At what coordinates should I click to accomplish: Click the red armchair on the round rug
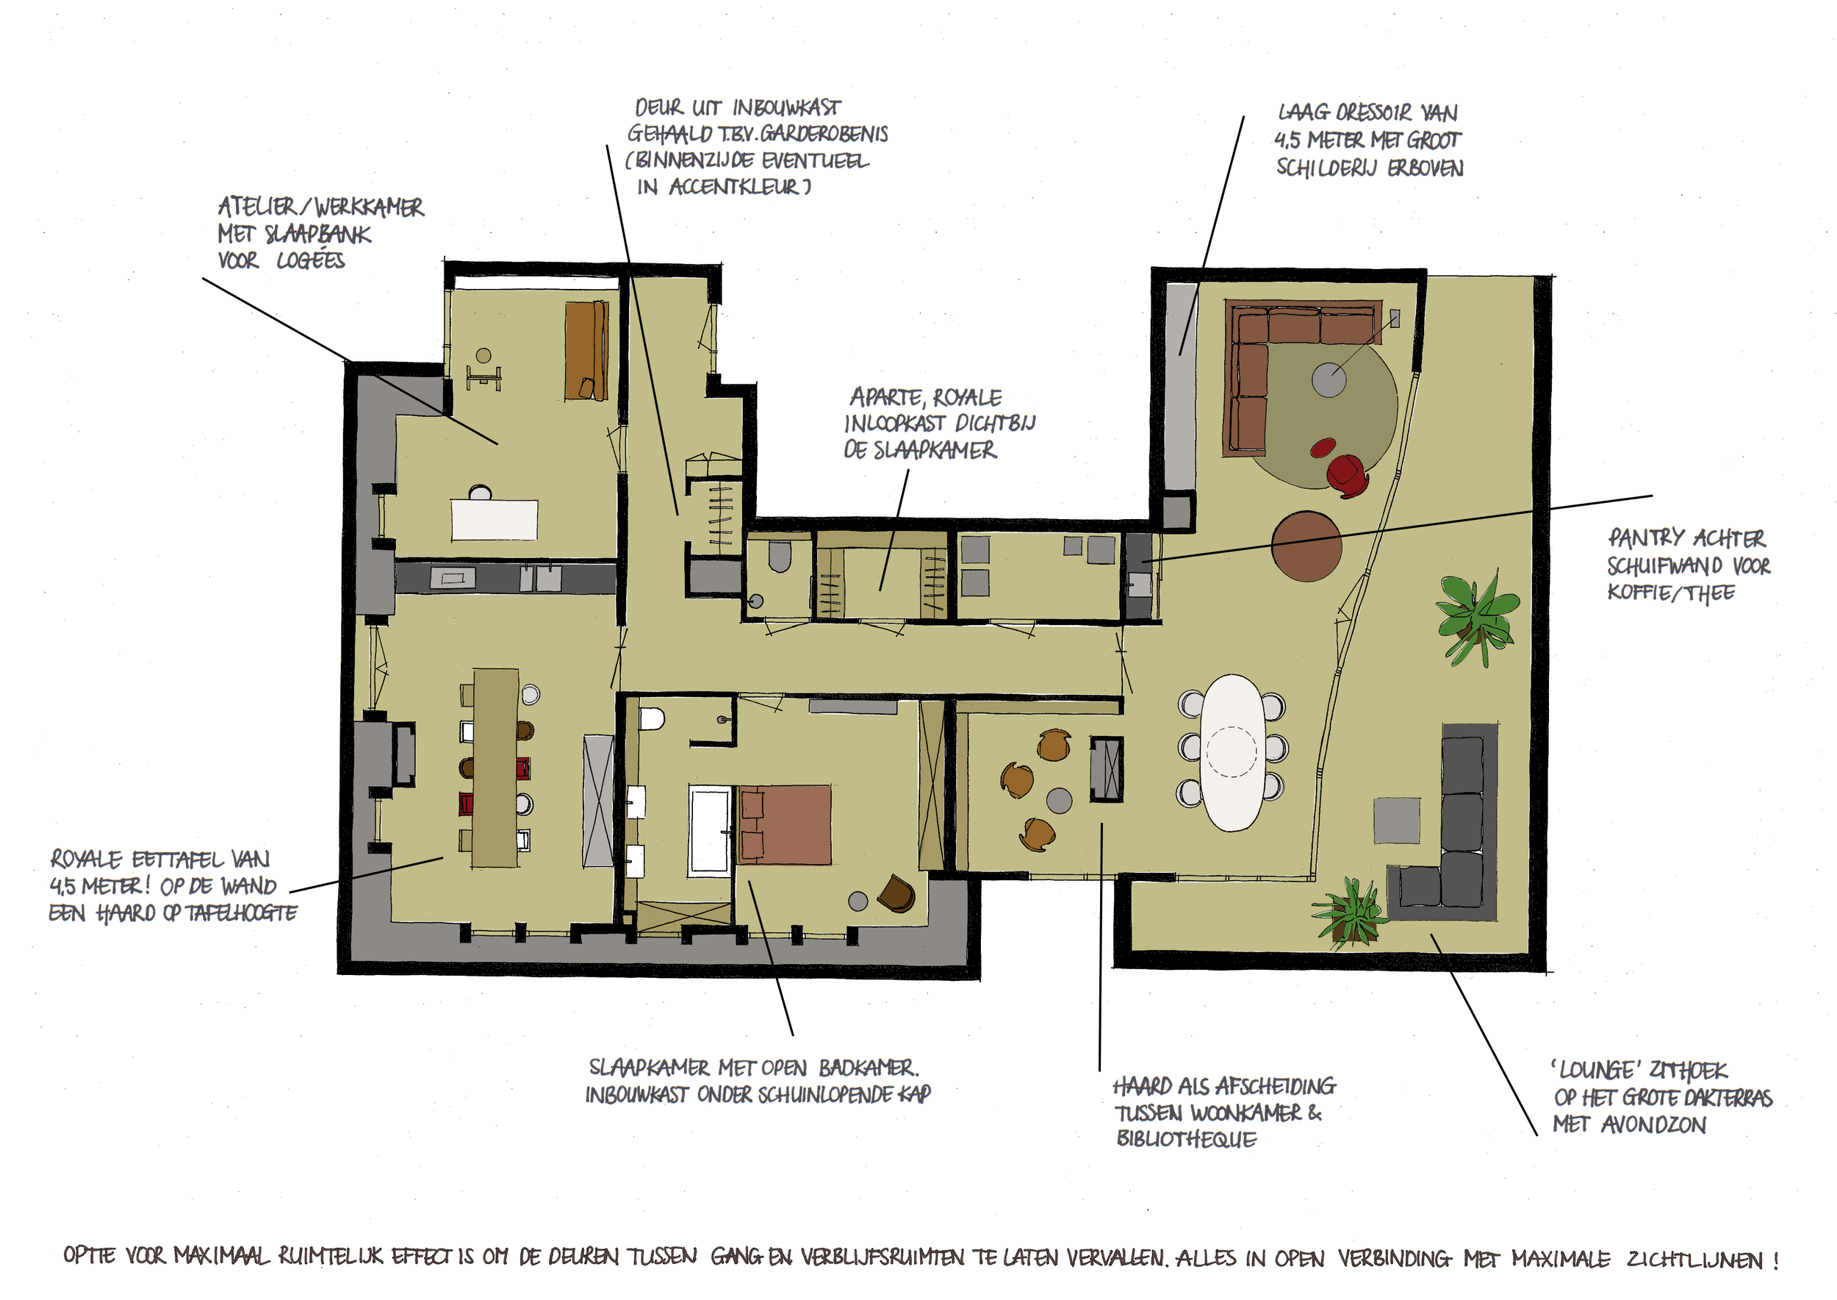(x=1348, y=476)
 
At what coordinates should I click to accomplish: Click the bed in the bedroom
(x=784, y=824)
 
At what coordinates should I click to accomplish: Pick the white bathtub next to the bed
(x=711, y=829)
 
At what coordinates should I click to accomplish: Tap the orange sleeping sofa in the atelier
(x=586, y=350)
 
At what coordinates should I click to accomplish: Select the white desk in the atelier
(x=494, y=521)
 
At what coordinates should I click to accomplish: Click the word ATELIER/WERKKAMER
(x=321, y=207)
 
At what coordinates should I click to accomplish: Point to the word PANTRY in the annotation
(x=1642, y=538)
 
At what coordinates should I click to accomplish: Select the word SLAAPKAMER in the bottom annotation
(x=649, y=1068)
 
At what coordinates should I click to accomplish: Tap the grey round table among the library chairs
(x=1060, y=800)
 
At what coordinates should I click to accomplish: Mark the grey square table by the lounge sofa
(x=1397, y=820)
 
